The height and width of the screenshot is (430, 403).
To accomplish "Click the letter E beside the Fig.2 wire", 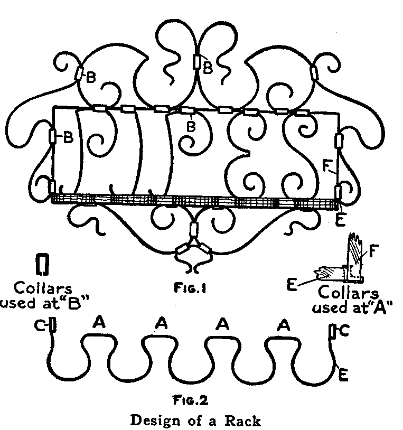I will pos(343,375).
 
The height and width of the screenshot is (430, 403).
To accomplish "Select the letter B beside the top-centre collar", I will pos(208,67).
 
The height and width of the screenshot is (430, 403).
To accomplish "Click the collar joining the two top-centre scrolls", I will pos(197,62).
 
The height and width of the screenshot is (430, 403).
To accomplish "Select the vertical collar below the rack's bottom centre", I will pos(192,230).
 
